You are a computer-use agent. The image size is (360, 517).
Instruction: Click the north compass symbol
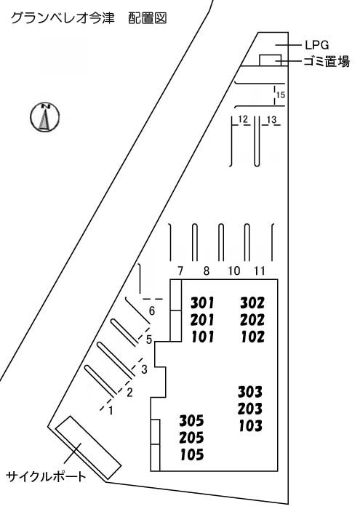45,117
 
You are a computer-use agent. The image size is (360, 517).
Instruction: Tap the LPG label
316,45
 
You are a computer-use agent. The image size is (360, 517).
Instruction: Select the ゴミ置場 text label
327,61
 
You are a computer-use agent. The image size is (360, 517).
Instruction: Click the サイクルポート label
46,476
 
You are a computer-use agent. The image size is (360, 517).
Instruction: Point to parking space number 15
281,95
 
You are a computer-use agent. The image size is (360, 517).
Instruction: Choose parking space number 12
243,119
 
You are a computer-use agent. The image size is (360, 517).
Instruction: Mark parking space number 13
271,119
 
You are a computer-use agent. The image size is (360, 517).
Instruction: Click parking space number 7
180,271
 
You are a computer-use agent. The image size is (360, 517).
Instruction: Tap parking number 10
234,271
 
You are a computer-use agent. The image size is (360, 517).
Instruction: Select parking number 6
152,310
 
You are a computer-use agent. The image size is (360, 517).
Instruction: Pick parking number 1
111,411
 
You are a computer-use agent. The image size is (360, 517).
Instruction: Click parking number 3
144,369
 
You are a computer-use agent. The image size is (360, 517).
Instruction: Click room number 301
202,302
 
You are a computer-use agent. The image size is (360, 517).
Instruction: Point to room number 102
252,337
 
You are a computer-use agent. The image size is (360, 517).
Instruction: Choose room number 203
250,409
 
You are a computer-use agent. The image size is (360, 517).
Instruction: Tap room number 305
191,421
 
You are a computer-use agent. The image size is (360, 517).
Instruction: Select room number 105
192,455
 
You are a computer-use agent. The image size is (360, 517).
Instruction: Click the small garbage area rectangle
271,60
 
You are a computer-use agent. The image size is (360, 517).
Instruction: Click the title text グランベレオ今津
63,18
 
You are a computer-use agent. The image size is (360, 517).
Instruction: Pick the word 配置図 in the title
147,18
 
